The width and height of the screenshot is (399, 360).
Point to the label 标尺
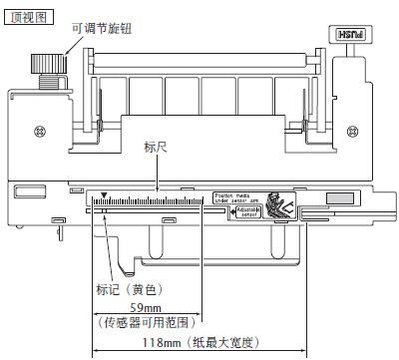coord(156,147)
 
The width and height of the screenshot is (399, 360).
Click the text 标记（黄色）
coord(129,289)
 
